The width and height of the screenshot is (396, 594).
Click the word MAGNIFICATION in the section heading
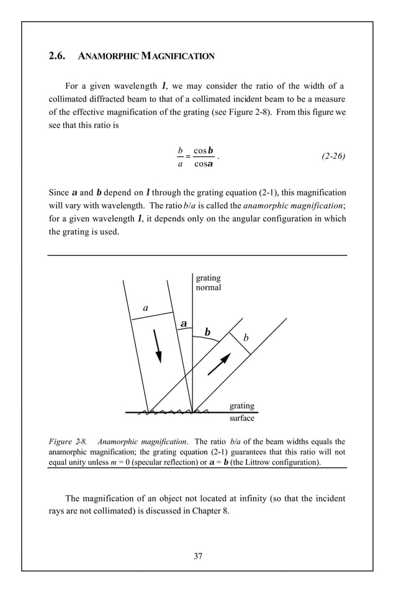[180, 56]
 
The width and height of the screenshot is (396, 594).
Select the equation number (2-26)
[333, 156]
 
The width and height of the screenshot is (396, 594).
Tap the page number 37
[198, 556]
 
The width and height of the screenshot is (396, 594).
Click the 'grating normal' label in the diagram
[208, 282]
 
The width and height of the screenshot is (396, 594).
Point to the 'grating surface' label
[242, 412]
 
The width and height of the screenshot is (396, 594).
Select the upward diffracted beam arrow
[219, 364]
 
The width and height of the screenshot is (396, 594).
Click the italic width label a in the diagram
[145, 307]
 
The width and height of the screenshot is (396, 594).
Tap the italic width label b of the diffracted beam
[246, 338]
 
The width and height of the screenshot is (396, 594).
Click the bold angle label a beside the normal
[184, 324]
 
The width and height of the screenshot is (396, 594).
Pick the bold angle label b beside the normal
[207, 333]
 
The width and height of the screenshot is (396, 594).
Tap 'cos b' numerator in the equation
[204, 150]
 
